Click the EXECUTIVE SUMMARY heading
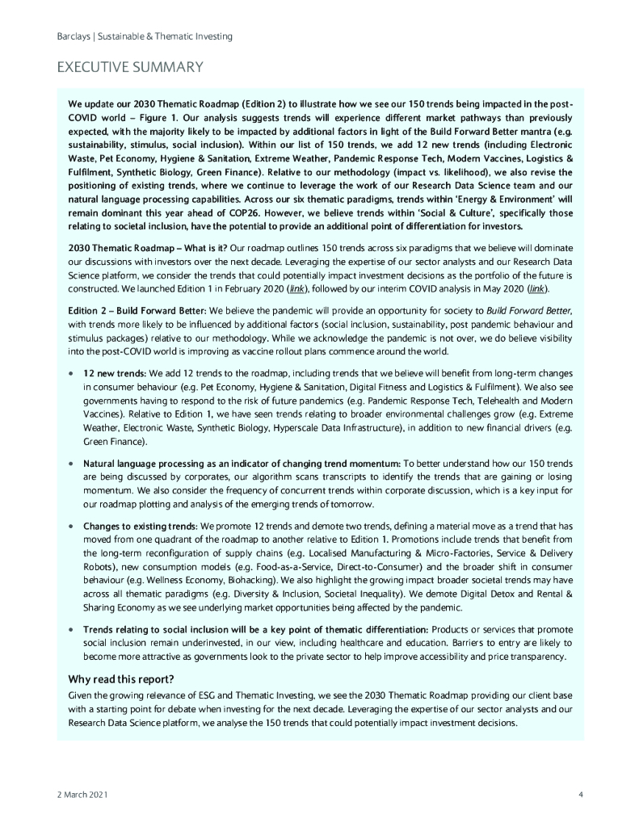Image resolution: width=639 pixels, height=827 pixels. (128, 66)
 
